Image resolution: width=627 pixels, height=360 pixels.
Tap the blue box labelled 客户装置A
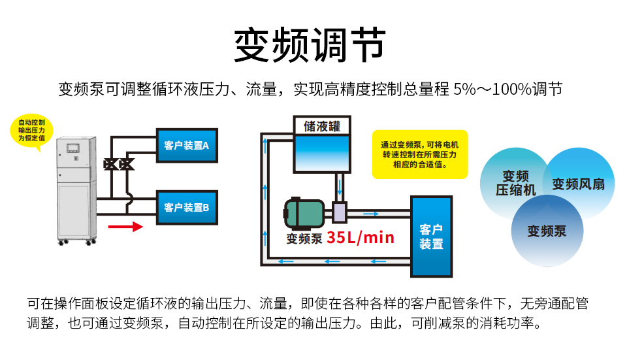[186, 146]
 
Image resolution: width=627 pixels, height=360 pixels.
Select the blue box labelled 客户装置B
[186, 208]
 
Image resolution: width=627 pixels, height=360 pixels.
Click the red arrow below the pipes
[125, 227]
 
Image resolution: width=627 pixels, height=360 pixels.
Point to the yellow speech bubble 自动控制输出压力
[31, 131]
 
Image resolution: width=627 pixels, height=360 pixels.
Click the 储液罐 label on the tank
[322, 126]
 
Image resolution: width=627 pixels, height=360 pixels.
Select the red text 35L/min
[361, 237]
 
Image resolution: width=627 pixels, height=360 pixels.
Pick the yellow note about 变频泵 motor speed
[420, 155]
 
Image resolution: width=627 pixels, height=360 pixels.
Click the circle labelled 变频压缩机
[515, 183]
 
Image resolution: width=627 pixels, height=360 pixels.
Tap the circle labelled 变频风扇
[578, 184]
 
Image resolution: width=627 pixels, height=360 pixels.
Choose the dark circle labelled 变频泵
[547, 231]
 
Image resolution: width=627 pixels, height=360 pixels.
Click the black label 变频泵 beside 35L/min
[304, 238]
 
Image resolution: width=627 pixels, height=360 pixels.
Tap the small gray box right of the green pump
[340, 212]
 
